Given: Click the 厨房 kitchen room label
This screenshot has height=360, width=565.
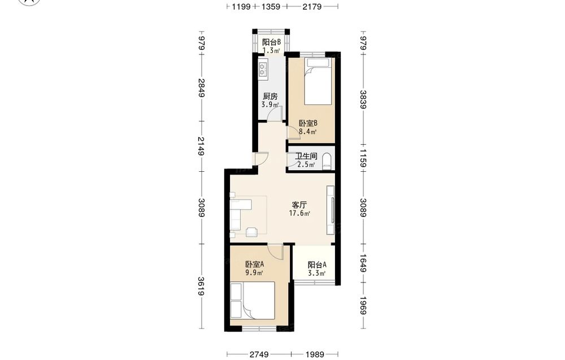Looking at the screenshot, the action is pyautogui.click(x=270, y=96).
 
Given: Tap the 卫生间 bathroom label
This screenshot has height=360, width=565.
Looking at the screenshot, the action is pyautogui.click(x=306, y=157).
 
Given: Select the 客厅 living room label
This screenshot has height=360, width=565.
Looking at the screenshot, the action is pyautogui.click(x=299, y=205).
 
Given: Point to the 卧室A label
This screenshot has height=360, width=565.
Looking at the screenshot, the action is pyautogui.click(x=255, y=264).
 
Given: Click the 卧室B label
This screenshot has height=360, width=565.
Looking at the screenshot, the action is pyautogui.click(x=308, y=123).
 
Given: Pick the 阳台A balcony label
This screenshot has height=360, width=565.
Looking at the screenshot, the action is pyautogui.click(x=317, y=265).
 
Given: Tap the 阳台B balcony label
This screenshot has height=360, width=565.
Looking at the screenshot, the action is pyautogui.click(x=271, y=42).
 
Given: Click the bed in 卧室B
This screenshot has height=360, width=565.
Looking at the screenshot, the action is pyautogui.click(x=318, y=82).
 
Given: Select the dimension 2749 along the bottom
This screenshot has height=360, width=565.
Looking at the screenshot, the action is pyautogui.click(x=259, y=354).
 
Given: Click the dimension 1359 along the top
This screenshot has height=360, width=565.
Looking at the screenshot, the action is pyautogui.click(x=271, y=6).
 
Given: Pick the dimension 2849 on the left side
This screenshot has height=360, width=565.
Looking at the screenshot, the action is pyautogui.click(x=201, y=88).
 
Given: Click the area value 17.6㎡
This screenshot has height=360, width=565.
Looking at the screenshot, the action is pyautogui.click(x=299, y=213).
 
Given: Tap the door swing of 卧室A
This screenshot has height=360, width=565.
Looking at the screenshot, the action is pyautogui.click(x=276, y=251).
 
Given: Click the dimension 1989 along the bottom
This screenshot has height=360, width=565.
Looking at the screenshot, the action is pyautogui.click(x=315, y=354).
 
